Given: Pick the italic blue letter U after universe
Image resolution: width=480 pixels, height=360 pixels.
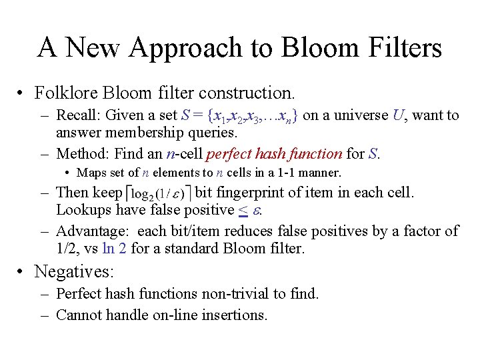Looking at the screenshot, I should click(x=398, y=115).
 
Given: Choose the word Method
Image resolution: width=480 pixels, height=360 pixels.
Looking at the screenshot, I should click(x=81, y=154).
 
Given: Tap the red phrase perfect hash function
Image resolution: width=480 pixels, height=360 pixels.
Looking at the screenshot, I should click(x=274, y=154).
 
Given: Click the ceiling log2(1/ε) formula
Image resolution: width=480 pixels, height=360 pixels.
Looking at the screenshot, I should click(x=159, y=194).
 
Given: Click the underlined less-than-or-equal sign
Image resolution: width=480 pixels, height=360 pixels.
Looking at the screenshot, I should click(x=244, y=210).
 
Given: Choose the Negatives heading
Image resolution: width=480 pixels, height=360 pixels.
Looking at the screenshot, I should click(x=73, y=271).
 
